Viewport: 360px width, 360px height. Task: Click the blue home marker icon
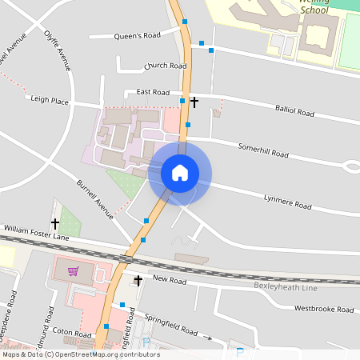180,173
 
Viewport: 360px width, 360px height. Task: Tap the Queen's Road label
138,36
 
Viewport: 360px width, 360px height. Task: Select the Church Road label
166,66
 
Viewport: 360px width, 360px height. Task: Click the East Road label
153,92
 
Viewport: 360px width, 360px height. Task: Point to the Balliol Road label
294,110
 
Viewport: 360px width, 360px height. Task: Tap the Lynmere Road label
287,201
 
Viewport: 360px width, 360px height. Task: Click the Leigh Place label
50,100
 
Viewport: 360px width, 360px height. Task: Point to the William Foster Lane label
36,234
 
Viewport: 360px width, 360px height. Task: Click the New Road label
170,280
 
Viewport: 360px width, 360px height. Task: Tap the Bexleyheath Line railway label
286,286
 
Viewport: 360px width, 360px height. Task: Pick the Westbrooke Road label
323,309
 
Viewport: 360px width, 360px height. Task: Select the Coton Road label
74,333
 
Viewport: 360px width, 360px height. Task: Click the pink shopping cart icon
73,271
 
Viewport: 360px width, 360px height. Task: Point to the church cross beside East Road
194,102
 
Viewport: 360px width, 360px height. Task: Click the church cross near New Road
138,280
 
